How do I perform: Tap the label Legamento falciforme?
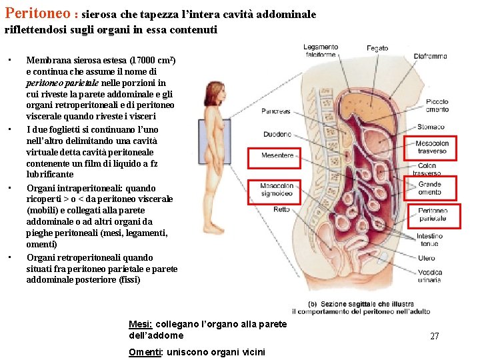[321, 51]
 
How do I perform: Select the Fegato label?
[377, 49]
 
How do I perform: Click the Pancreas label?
[276, 111]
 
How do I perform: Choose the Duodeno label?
[277, 134]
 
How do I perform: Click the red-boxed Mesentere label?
[277, 156]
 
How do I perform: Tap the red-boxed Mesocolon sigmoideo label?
[277, 190]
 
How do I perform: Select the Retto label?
[281, 209]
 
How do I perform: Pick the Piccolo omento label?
[437, 106]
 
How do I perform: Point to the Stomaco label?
[431, 127]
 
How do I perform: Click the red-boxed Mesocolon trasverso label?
[431, 147]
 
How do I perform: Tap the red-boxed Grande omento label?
[430, 188]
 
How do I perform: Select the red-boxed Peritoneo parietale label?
[433, 215]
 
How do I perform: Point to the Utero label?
[427, 258]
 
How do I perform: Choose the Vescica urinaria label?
[430, 276]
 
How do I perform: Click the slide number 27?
[434, 337]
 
